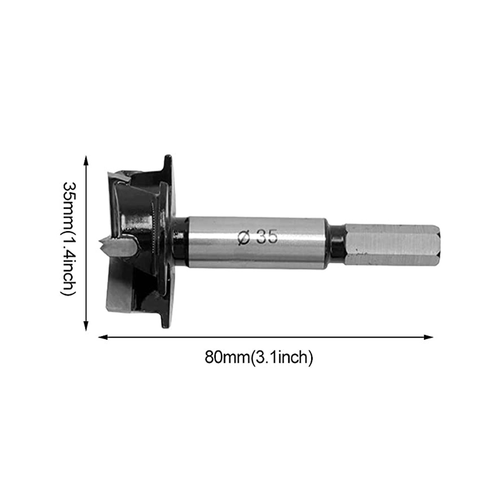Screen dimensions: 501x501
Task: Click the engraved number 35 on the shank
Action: point(268,236)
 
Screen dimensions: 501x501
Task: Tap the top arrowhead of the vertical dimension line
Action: point(86,160)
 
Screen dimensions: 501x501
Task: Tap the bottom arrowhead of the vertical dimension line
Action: point(86,326)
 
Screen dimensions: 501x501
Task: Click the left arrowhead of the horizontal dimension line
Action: point(103,337)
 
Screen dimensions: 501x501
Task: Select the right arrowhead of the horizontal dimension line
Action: point(428,337)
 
